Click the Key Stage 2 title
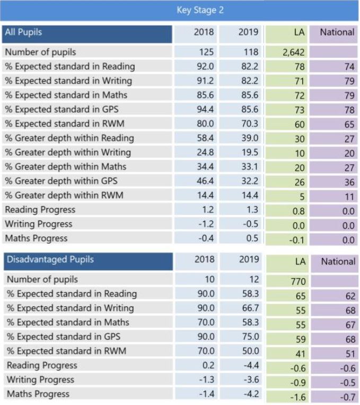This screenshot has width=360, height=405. click(200, 10)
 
